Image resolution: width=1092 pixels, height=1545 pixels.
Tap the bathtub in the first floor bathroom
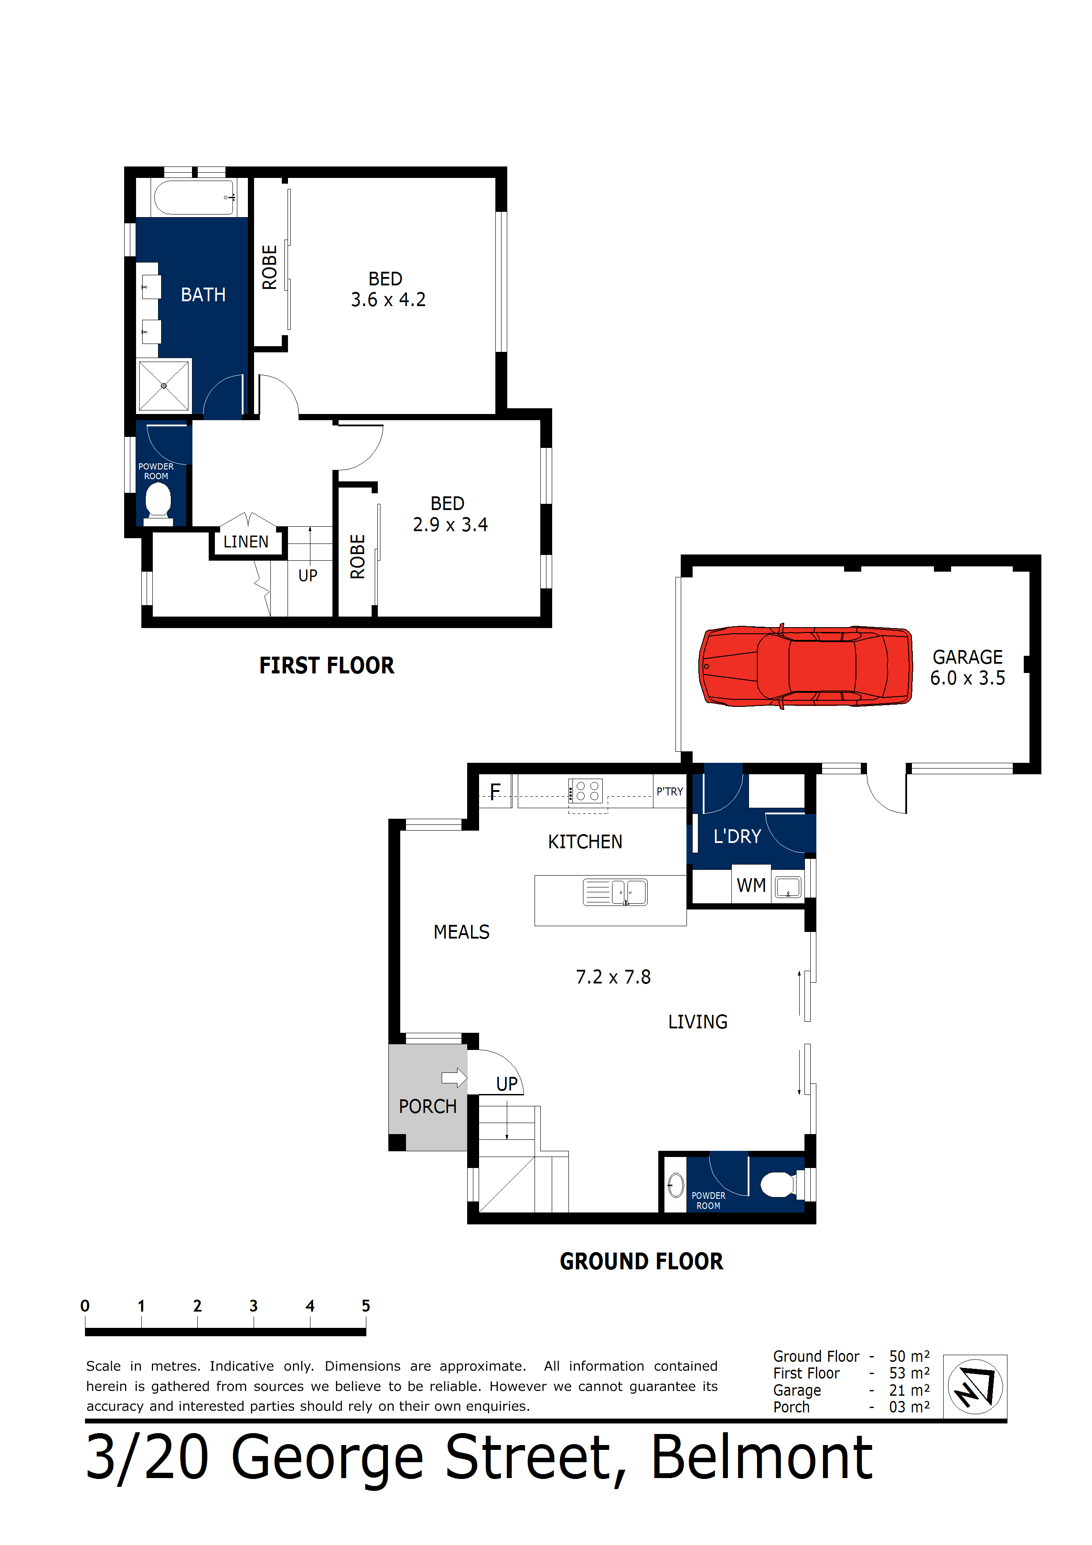194,197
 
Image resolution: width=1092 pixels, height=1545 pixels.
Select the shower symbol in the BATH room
163,385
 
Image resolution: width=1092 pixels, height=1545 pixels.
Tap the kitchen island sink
616,892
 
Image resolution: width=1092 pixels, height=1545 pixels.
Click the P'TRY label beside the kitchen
669,791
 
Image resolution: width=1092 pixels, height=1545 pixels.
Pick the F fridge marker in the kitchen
495,791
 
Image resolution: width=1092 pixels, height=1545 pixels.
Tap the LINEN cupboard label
246,542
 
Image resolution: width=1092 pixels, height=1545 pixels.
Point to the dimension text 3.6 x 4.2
388,300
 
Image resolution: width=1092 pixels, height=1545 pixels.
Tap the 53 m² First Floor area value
909,1373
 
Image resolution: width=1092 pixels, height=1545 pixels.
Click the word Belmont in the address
761,1457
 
